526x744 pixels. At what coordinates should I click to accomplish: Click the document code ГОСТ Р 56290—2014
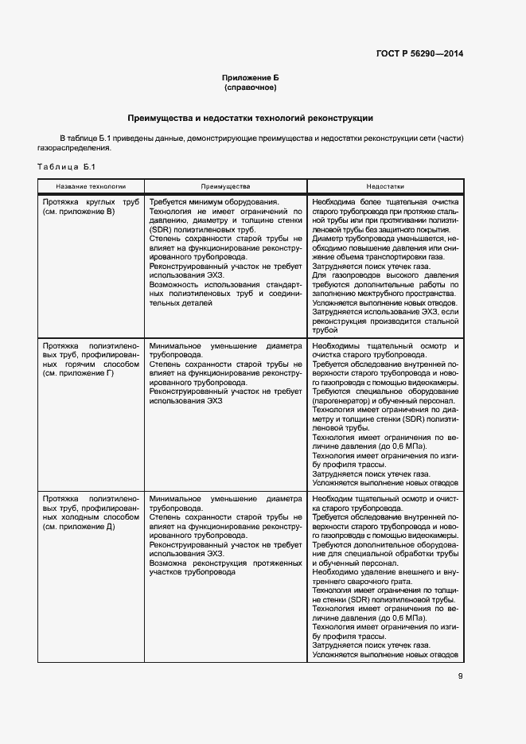[x=419, y=53]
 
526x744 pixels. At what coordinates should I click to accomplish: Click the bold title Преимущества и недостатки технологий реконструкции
[x=250, y=118]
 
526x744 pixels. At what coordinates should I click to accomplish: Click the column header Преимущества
[x=225, y=185]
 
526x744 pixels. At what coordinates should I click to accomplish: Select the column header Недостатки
[x=385, y=185]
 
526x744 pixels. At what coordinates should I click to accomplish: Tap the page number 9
[x=461, y=676]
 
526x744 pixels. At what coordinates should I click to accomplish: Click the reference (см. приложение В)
[x=80, y=212]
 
